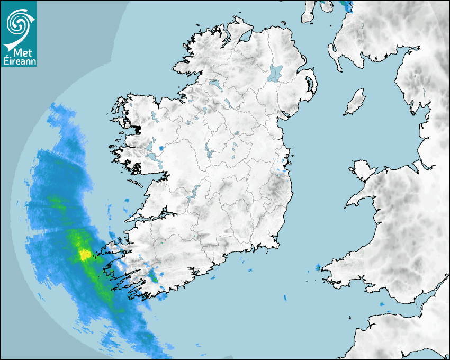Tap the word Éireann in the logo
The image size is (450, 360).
click(20, 61)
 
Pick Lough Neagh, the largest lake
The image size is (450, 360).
click(275, 73)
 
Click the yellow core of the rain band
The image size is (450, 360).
click(84, 255)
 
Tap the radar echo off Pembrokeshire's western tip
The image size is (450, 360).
click(318, 267)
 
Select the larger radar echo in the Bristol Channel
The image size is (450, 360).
click(382, 303)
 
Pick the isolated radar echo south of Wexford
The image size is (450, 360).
click(284, 298)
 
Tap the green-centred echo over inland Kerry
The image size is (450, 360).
click(153, 275)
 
